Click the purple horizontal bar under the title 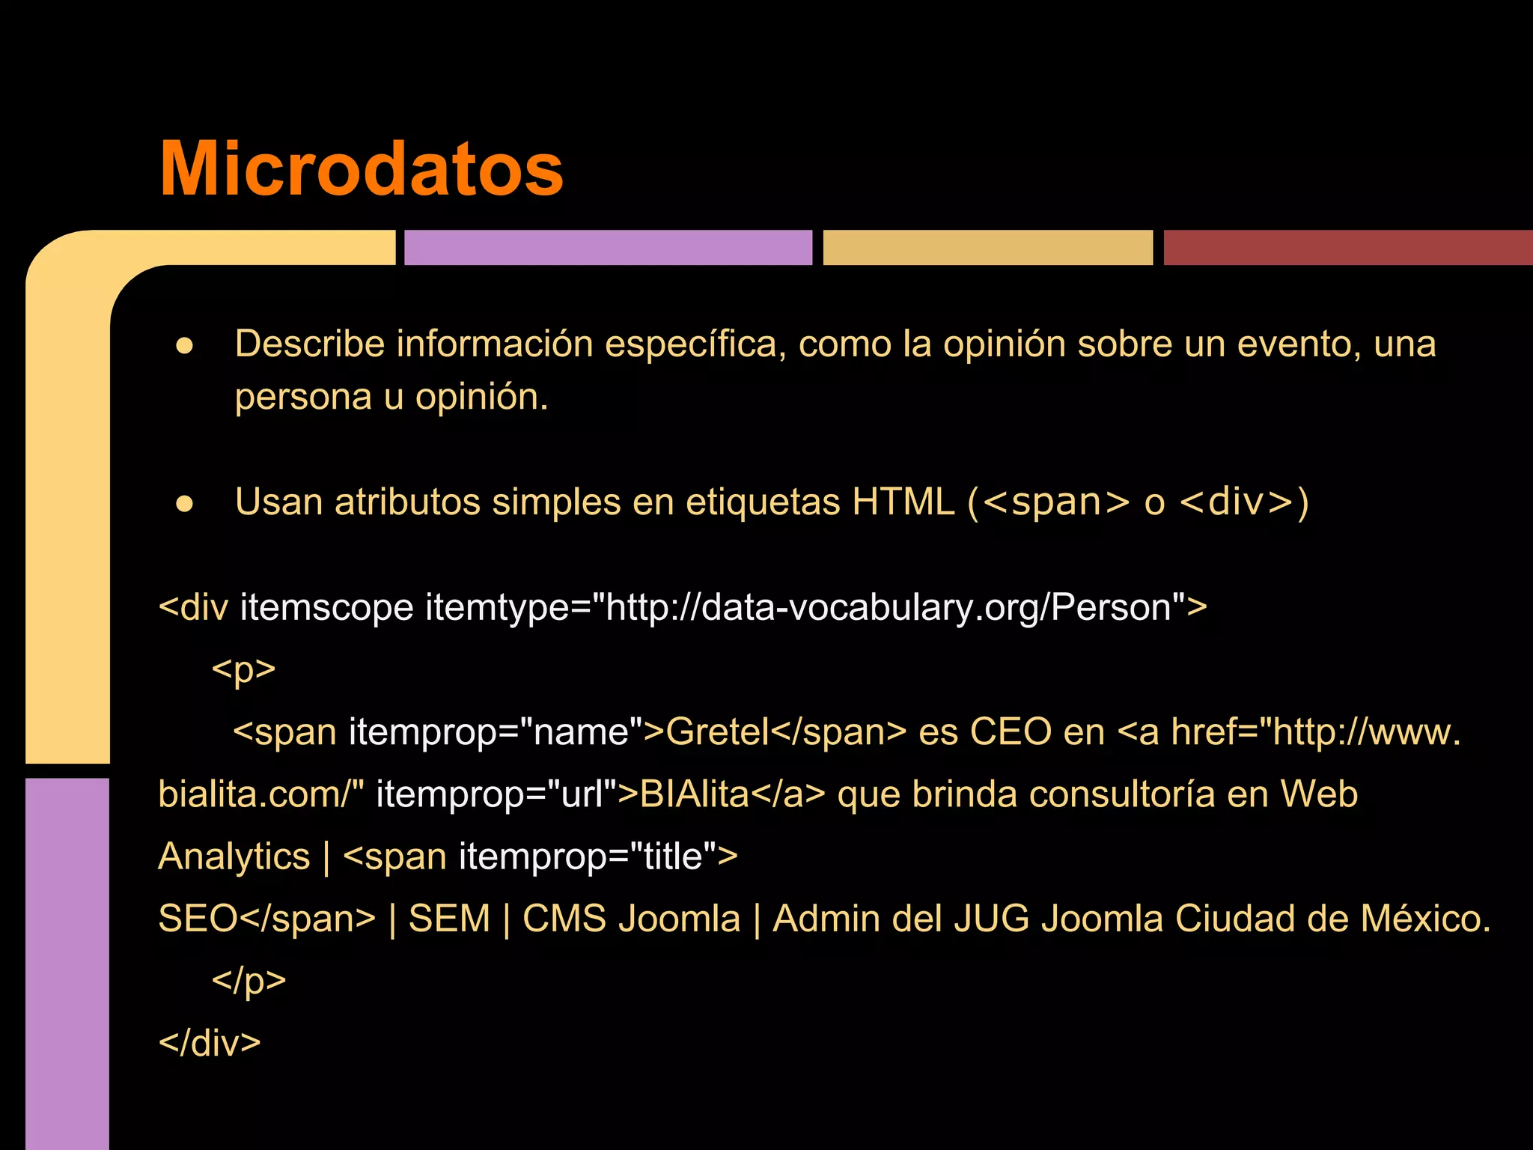click(x=608, y=248)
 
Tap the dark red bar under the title click(x=1347, y=248)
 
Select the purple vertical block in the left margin click(x=67, y=962)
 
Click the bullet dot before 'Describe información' click(x=185, y=346)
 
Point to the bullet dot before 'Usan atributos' click(x=185, y=504)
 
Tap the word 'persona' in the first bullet click(x=303, y=397)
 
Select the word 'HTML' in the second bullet click(x=903, y=502)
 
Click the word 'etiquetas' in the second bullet click(x=763, y=502)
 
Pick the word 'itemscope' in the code click(x=326, y=607)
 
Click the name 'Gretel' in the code click(x=718, y=731)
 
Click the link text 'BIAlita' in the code click(x=695, y=794)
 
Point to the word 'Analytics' click(x=234, y=857)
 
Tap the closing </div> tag click(x=210, y=1043)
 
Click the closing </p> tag click(x=249, y=981)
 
